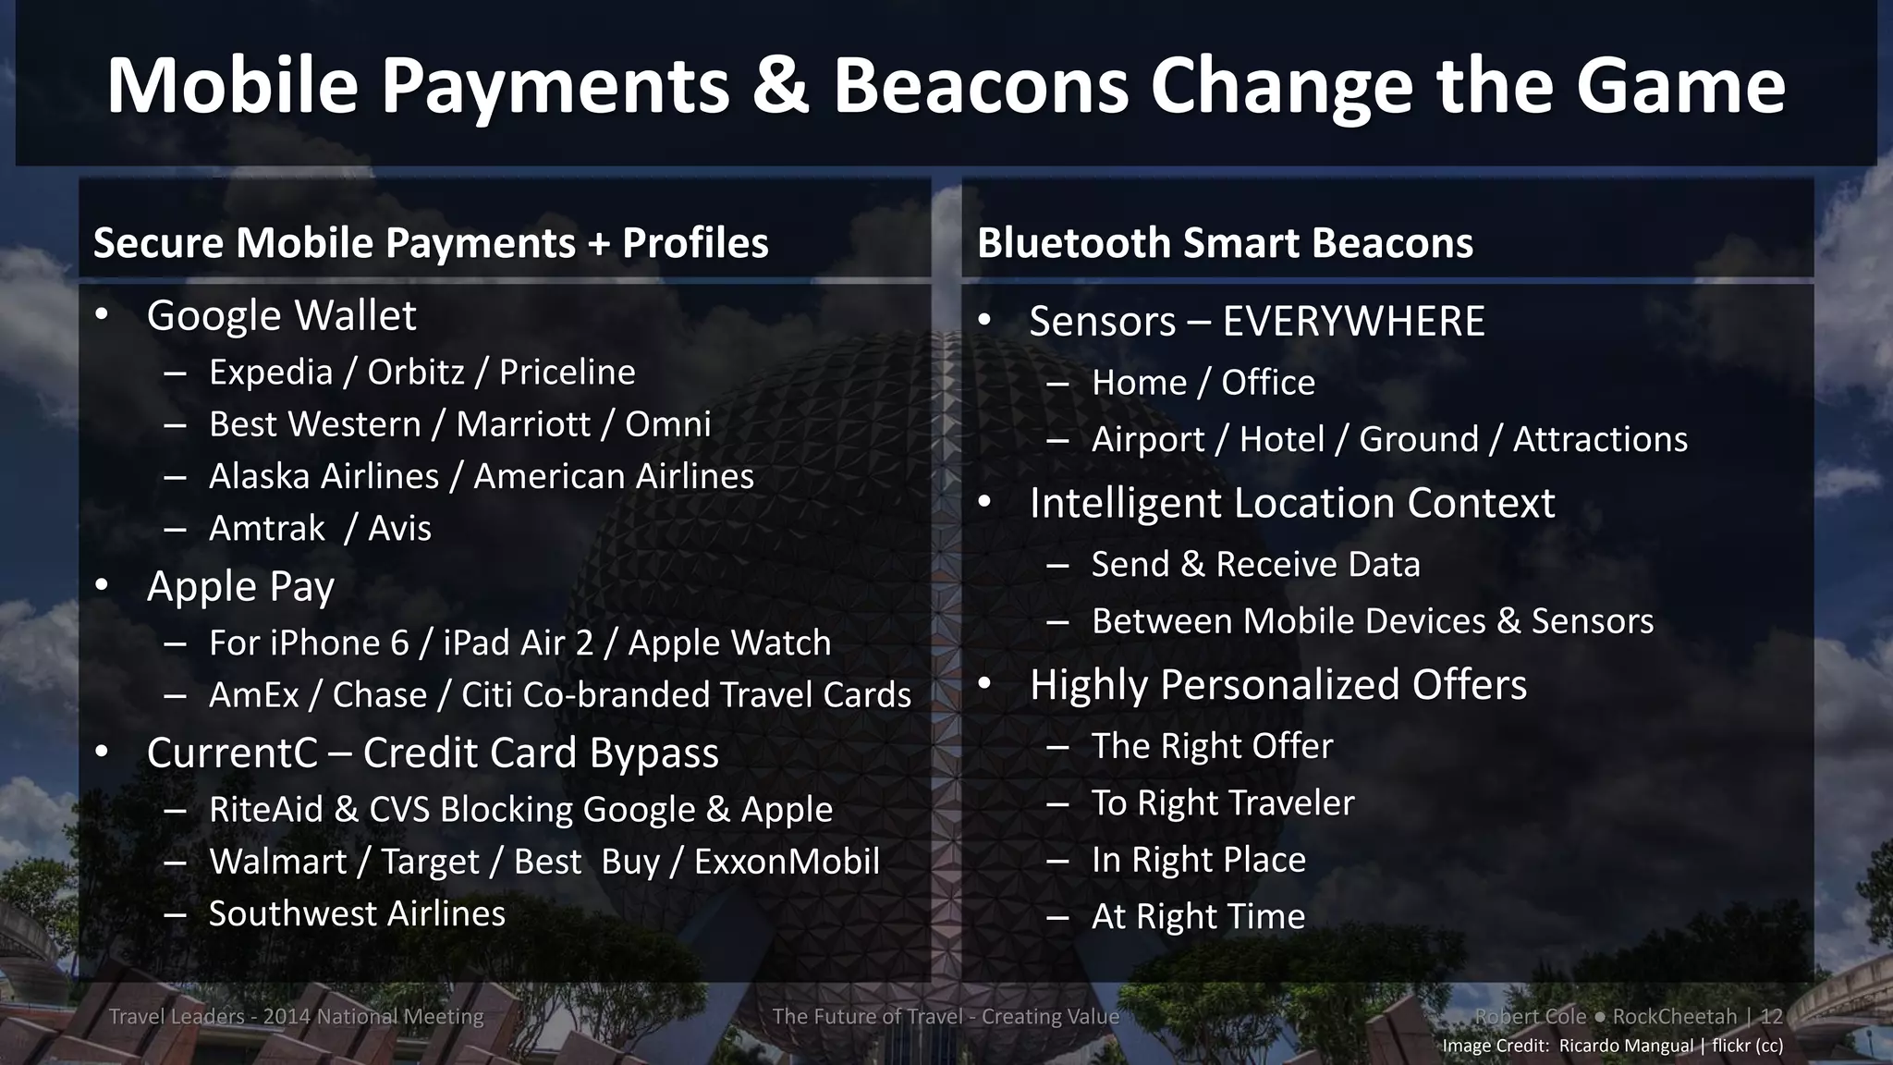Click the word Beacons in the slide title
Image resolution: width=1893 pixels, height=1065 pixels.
(x=980, y=85)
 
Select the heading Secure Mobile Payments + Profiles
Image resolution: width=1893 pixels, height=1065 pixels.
(x=431, y=243)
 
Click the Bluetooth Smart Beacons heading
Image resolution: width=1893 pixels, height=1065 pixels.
(x=1225, y=243)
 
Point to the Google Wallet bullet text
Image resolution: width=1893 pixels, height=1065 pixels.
(x=281, y=315)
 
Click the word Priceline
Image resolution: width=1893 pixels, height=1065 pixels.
(x=567, y=372)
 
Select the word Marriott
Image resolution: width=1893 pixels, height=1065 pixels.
(x=522, y=424)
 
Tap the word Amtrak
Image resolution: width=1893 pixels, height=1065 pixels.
(x=267, y=529)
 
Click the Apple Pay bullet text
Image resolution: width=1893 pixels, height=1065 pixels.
(x=240, y=586)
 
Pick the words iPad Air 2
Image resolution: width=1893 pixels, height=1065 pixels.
(x=518, y=643)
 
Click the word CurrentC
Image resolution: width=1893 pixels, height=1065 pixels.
(x=232, y=753)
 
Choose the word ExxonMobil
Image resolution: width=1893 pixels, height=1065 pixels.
(x=787, y=862)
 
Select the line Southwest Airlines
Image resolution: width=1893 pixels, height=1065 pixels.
(x=357, y=913)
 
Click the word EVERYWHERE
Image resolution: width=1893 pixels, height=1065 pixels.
(x=1353, y=322)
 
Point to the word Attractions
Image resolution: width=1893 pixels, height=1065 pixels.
(x=1600, y=439)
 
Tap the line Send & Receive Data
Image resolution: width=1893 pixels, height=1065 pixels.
(x=1255, y=565)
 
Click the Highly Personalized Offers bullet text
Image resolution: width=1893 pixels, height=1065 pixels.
(x=1277, y=685)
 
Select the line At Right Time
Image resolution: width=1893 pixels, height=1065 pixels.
(x=1198, y=916)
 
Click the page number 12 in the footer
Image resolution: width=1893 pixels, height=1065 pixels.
(x=1771, y=1016)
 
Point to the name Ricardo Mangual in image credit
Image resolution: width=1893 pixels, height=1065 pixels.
(x=1626, y=1046)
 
